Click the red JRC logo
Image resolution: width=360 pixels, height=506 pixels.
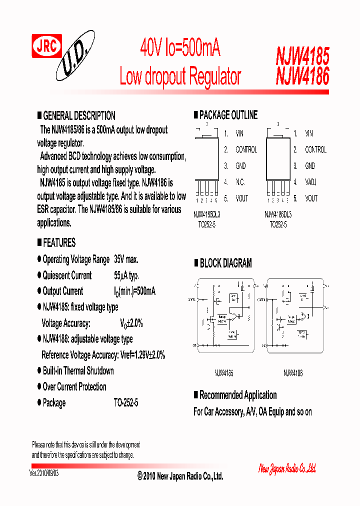47,46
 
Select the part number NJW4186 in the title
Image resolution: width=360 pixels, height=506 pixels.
302,76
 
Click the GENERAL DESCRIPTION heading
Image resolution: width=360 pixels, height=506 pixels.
79,115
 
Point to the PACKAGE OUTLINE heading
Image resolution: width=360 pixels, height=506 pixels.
228,115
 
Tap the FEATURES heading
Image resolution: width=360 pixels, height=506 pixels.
59,243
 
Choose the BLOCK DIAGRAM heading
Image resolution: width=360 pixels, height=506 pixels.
225,263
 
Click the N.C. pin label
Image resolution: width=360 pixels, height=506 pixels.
240,182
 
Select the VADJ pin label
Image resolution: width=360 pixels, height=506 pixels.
310,182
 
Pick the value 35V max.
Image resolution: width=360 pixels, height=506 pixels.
126,259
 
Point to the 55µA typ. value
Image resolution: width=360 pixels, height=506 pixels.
126,275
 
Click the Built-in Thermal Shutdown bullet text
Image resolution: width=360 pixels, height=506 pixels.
78,371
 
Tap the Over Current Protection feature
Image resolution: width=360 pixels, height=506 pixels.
74,387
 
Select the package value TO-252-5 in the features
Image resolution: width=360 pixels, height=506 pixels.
126,402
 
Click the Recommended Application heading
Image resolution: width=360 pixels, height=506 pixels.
238,395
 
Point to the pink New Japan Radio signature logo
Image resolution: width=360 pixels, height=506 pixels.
287,468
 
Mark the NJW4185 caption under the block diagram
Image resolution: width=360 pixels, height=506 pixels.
223,373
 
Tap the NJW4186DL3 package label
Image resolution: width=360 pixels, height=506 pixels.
277,214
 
